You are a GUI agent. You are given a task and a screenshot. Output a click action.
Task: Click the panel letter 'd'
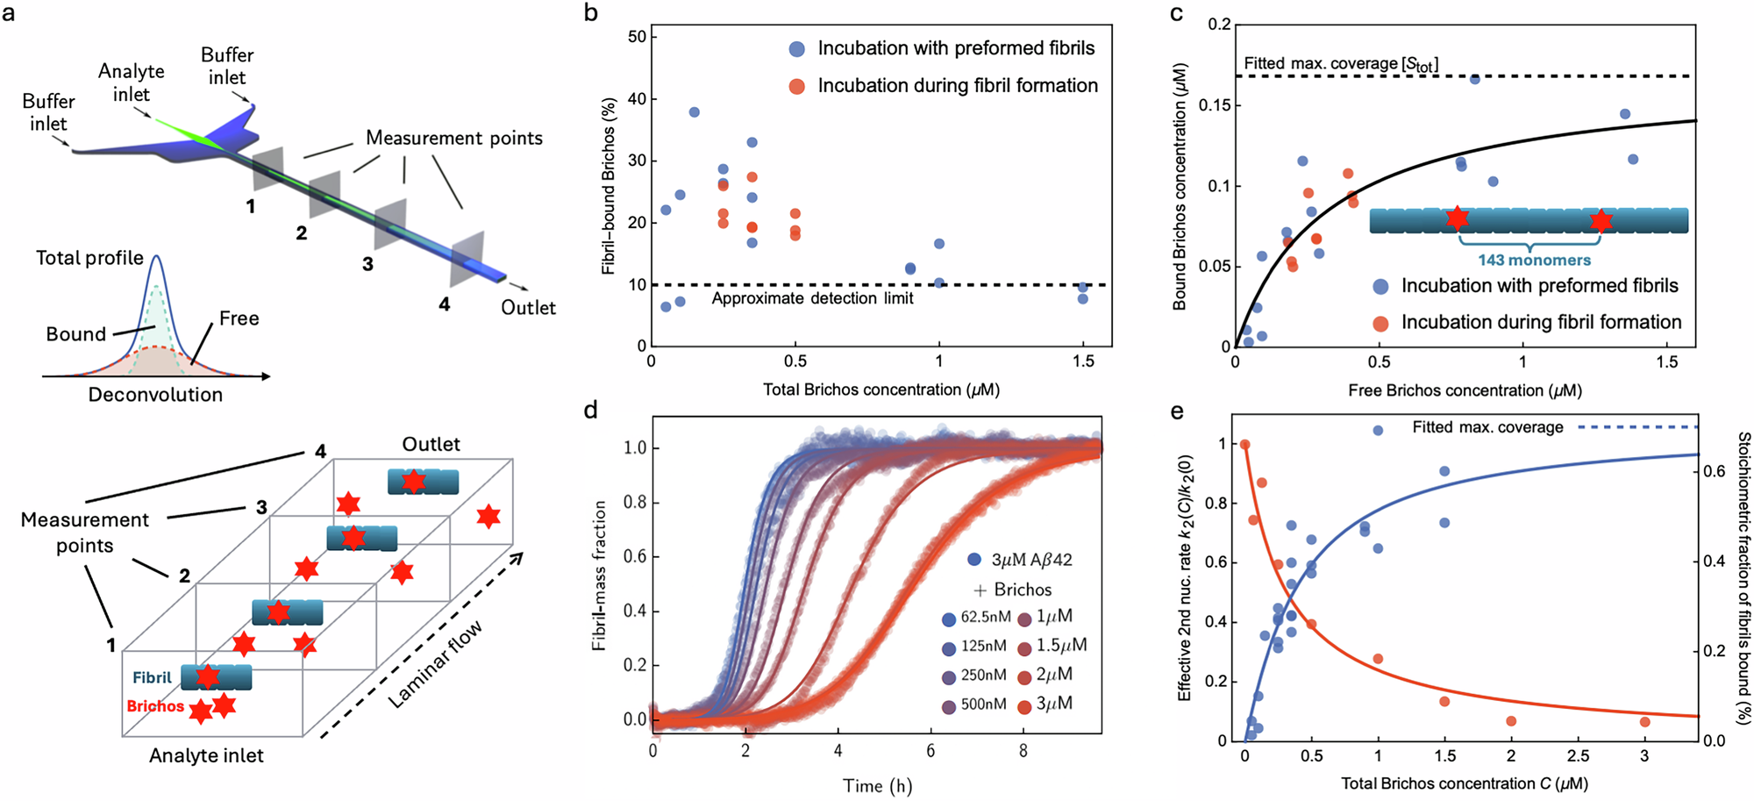coord(591,410)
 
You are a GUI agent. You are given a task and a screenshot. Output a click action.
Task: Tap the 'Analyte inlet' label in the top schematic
coord(131,82)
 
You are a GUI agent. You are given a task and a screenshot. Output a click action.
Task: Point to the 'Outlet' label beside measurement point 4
coord(528,307)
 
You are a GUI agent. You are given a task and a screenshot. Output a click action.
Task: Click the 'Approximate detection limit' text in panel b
coord(812,298)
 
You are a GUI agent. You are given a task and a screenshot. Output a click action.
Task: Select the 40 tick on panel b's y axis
coord(637,99)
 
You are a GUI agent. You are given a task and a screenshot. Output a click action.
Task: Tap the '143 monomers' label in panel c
coord(1534,260)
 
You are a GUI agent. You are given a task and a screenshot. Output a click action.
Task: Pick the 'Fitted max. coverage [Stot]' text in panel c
coord(1340,64)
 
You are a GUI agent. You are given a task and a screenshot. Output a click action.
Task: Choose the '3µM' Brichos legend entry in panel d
coord(1054,704)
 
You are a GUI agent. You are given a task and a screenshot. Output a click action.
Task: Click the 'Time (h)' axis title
coord(877,785)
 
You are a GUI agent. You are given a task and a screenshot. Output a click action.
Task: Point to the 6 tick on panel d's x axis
coord(930,751)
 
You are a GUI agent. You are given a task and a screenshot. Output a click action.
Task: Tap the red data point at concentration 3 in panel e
coord(1644,722)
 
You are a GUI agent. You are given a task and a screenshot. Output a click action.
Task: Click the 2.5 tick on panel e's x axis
coord(1578,756)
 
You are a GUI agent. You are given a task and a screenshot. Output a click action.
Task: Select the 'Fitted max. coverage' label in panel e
coord(1487,427)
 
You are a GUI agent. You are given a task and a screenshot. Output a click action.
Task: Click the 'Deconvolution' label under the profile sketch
coord(155,395)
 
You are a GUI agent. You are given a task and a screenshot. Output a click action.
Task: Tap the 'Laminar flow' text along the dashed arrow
coord(435,664)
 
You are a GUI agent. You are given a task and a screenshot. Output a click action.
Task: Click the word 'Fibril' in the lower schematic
coord(152,677)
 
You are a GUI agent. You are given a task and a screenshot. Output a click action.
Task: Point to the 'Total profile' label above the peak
coord(89,258)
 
